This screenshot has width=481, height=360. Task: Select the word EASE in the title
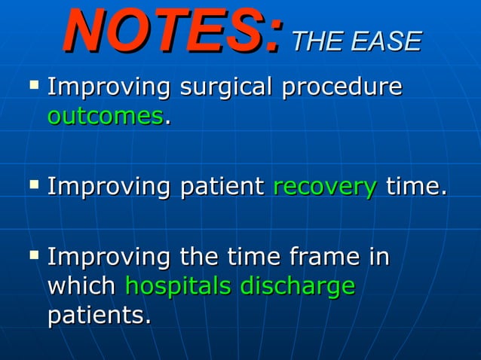[386, 41]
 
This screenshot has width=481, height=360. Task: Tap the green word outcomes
[105, 116]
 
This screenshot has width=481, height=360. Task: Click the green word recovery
[324, 186]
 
